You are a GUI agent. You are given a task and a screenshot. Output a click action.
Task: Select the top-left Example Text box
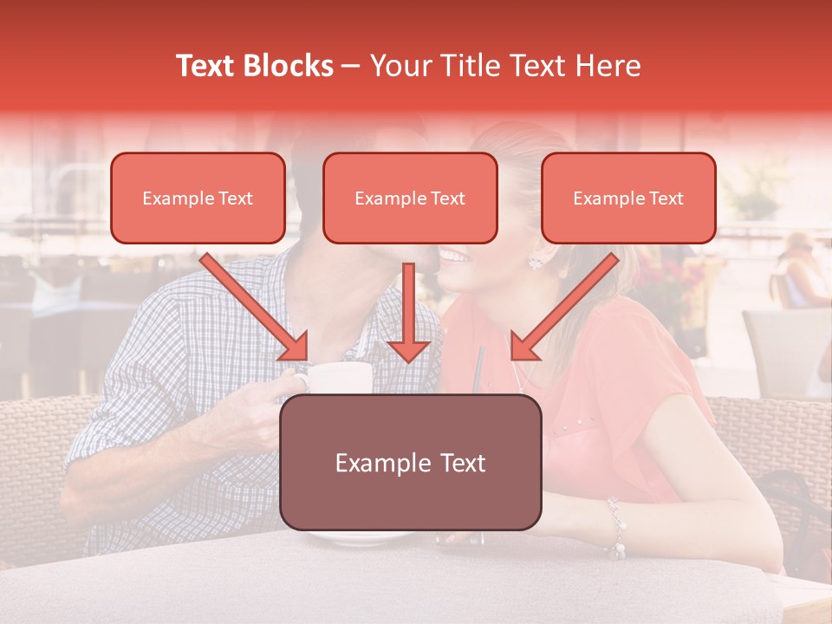[198, 198]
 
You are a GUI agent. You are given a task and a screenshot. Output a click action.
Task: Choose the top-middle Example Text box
[410, 198]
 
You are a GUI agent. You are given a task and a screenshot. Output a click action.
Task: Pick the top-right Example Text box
[628, 198]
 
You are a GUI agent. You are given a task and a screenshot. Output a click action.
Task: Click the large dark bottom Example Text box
[411, 463]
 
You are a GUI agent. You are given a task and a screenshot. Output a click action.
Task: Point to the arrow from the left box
[255, 307]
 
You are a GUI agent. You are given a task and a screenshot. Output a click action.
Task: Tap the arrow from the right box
[564, 307]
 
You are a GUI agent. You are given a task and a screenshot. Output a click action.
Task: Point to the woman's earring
[535, 261]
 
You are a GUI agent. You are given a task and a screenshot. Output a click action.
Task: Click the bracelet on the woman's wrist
[617, 529]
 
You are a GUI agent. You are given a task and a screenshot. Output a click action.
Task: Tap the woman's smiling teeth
[454, 256]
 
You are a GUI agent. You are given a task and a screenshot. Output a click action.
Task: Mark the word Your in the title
[397, 66]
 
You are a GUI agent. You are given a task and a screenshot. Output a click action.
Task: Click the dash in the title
[351, 66]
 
